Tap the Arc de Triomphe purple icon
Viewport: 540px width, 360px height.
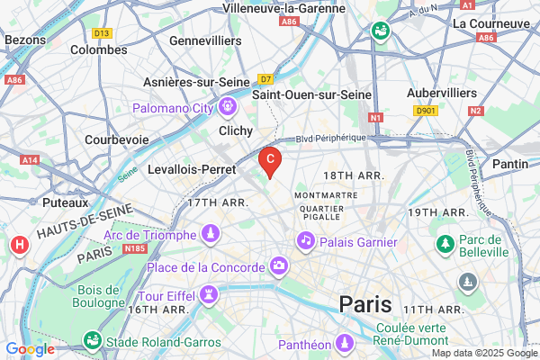(x=210, y=234)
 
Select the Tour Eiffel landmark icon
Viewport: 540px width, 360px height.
(x=209, y=294)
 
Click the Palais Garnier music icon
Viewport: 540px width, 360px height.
(x=306, y=241)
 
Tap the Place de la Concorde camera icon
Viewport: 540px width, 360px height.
(x=279, y=266)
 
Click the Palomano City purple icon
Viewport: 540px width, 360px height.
(x=227, y=109)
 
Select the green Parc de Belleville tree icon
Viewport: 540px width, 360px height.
(x=445, y=244)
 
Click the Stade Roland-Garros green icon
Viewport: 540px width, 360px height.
(x=91, y=341)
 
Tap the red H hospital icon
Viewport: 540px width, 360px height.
(x=18, y=245)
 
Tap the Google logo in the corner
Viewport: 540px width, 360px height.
(x=29, y=349)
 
